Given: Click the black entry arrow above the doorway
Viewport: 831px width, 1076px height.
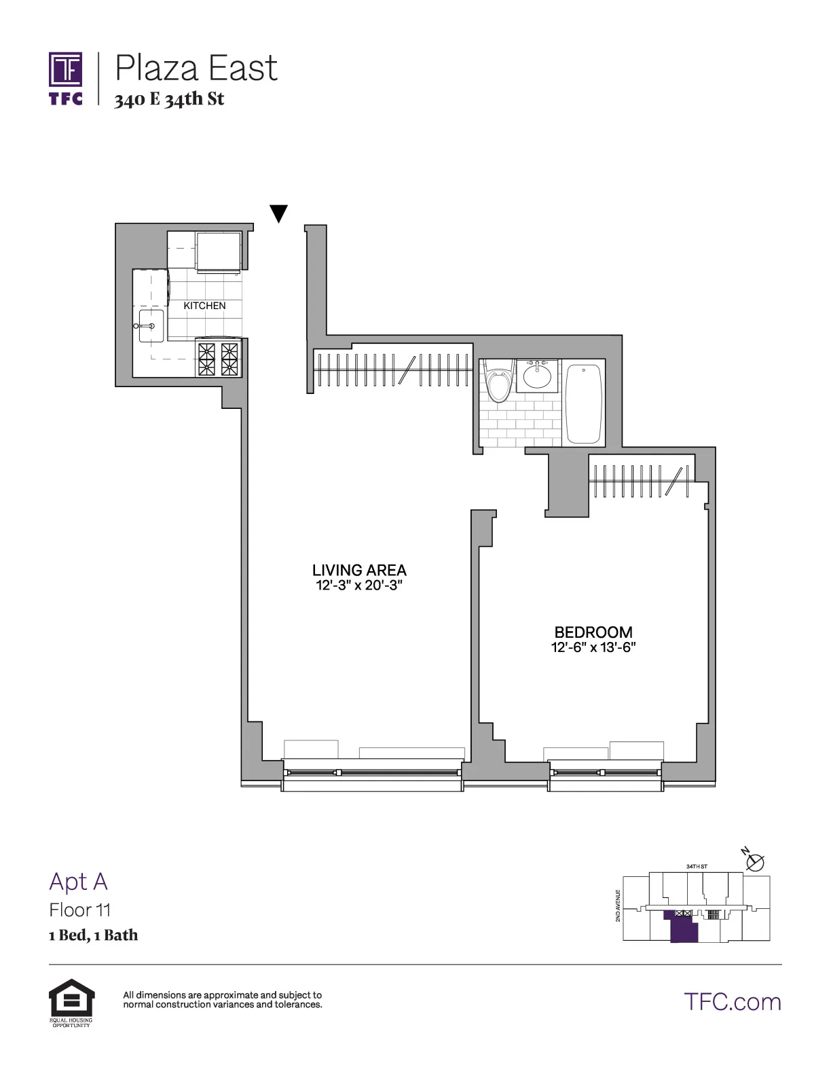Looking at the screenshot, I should [278, 213].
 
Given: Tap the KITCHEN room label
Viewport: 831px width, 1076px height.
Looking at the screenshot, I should [204, 306].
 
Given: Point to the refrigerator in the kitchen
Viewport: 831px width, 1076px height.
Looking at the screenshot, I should [219, 251].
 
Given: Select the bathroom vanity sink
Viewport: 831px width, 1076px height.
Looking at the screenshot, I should [537, 376].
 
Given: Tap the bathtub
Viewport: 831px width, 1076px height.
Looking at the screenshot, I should [584, 403].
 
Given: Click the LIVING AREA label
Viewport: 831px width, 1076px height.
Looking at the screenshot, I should [359, 570].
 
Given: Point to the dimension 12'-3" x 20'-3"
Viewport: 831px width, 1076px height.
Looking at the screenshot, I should [359, 586].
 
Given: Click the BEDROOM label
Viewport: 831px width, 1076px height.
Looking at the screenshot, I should [593, 632].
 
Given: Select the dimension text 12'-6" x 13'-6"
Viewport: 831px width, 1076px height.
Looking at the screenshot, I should [593, 647].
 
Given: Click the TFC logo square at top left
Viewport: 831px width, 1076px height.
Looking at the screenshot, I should [66, 70].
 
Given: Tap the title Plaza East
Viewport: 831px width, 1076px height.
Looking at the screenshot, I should [196, 68].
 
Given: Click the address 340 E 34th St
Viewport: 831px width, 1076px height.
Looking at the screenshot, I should [169, 99].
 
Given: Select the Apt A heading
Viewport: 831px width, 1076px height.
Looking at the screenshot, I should [78, 881].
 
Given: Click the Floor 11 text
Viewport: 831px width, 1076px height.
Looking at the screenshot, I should [79, 910].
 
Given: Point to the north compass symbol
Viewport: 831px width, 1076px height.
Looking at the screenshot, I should [754, 861].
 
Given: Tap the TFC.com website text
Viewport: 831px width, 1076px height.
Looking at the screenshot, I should [733, 1001].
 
